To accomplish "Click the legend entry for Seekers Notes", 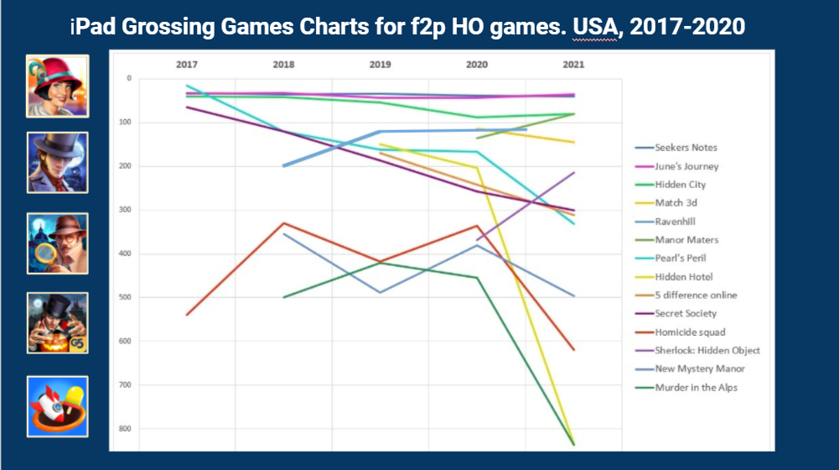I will tap(686, 148).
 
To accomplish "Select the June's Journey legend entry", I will tap(686, 166).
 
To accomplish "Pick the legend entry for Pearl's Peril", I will tap(683, 258).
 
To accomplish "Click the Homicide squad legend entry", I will tap(688, 332).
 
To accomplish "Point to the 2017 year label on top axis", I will tap(186, 65).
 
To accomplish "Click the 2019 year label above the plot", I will tap(381, 65).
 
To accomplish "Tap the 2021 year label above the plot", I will tap(574, 65).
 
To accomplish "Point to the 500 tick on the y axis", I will tap(127, 297).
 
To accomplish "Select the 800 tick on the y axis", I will tap(127, 429).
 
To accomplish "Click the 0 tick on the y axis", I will tap(129, 79).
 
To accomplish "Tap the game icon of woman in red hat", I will tap(57, 86).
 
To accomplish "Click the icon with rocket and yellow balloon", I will tap(57, 406).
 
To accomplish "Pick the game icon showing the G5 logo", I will tap(57, 323).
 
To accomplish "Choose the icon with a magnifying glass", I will tap(57, 243).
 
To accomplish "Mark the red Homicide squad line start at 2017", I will tap(186, 315).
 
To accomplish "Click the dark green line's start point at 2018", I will tap(284, 297).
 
